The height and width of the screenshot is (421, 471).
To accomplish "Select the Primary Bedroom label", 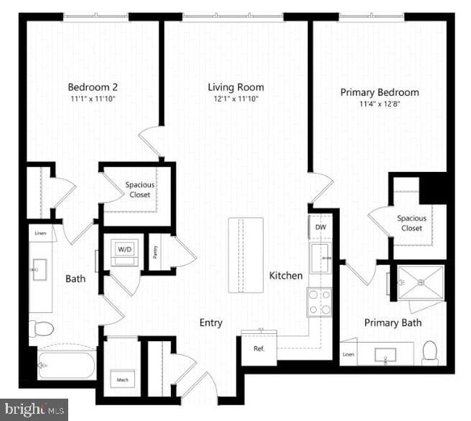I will coord(379,92).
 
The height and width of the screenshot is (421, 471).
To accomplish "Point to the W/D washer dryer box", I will coord(125,250).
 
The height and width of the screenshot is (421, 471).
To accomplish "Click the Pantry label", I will coord(155,252).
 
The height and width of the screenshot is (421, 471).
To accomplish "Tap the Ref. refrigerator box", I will coord(259,348).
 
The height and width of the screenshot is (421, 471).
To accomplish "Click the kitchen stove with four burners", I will coord(320,302).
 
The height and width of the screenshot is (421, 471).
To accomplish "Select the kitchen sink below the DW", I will coord(320,258).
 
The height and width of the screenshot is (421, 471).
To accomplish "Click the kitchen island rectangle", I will coord(244,255).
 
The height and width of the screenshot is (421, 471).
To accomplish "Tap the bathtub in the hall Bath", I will coord(66,364).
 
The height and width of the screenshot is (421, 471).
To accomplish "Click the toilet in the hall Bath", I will coord(42,328).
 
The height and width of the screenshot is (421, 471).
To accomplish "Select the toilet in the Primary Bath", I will coord(430,351).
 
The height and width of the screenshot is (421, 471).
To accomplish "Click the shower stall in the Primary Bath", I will coord(420,281).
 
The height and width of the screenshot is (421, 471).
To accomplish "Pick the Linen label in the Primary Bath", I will coord(349,354).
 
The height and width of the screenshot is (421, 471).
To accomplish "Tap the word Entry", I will coord(211,322).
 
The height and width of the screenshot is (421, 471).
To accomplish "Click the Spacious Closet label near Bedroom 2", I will coord(139,189).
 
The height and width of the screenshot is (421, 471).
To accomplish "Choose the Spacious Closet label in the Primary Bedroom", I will coord(411,223).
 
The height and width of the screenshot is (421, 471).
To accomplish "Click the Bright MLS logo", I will coord(34,409).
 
